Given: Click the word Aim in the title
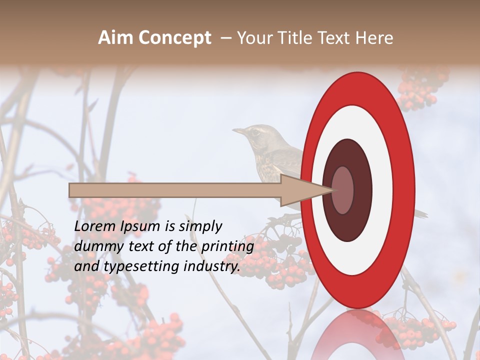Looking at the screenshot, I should [115, 38].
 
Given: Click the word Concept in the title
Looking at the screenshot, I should [174, 38].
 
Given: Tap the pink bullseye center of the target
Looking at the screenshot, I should [343, 190].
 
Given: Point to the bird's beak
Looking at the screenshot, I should [238, 131].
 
